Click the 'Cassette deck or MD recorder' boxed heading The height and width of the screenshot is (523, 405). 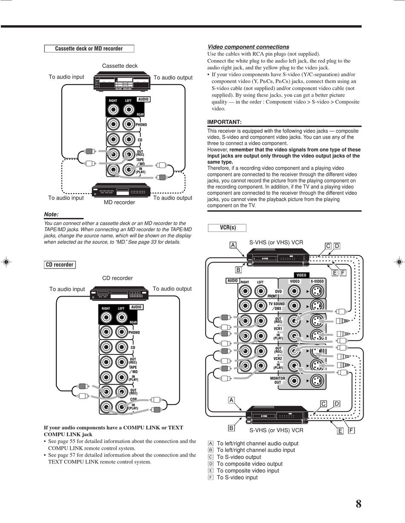[89, 49]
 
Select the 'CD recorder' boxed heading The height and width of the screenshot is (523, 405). [60, 265]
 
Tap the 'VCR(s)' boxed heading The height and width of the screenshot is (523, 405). [228, 228]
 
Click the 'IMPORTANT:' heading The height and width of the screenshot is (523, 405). [224, 122]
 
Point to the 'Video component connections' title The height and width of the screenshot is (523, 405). [248, 47]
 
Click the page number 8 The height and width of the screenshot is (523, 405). [358, 505]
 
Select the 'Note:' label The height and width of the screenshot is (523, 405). [52, 214]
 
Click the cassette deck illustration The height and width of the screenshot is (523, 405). [120, 80]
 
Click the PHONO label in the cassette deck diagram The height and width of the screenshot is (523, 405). [141, 125]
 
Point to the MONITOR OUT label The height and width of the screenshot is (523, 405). [278, 380]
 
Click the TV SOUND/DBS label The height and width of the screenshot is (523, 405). [277, 306]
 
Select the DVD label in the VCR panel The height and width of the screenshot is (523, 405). [278, 292]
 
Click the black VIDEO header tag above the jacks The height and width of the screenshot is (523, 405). [301, 275]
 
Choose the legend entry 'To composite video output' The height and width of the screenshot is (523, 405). [249, 464]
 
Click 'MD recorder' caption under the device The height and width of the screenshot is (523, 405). [119, 203]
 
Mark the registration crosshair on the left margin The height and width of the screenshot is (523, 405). [6, 262]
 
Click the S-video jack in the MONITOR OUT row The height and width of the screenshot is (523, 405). [316, 380]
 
